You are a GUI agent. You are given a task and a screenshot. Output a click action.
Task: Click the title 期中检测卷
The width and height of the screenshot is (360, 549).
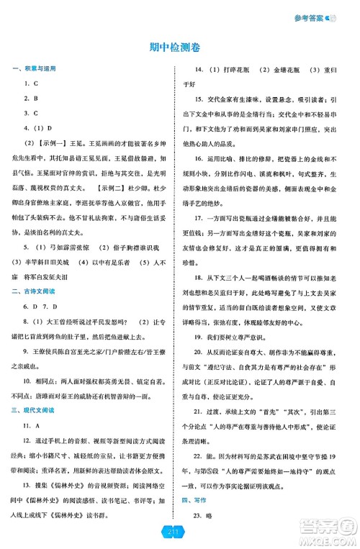coord(179,47)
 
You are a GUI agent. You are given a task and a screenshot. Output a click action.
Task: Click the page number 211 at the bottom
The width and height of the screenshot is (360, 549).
coord(179,532)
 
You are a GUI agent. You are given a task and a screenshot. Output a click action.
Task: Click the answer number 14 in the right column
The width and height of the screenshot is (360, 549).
coord(201,70)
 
